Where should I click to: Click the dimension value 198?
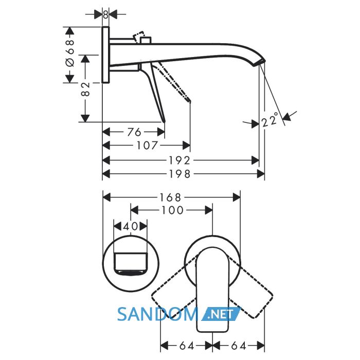180,174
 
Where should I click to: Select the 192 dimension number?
180,160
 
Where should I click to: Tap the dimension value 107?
148,146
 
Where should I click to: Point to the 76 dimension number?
134,132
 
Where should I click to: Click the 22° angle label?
270,120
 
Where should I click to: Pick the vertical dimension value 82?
85,89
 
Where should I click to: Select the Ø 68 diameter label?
70,53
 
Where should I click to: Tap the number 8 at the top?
105,15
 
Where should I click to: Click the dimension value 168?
171,197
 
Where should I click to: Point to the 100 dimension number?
173,210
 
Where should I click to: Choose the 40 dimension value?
131,226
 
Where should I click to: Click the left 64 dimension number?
187,346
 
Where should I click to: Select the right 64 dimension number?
239,346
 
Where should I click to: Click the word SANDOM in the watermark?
157,314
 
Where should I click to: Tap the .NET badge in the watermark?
221,314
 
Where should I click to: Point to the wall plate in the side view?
105,55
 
